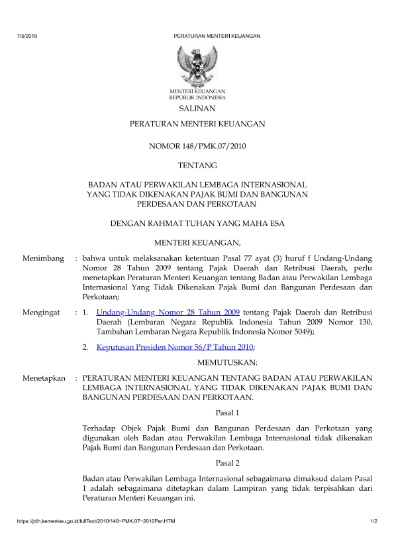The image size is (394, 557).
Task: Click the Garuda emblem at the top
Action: pyautogui.click(x=197, y=65)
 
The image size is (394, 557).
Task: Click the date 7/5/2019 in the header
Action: pyautogui.click(x=27, y=36)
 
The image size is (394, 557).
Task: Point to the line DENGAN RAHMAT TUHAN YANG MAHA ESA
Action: pyautogui.click(x=197, y=223)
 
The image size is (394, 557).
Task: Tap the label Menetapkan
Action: pyautogui.click(x=44, y=378)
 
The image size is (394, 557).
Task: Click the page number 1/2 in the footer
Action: pyautogui.click(x=373, y=523)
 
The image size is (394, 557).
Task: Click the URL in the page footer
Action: pyautogui.click(x=95, y=523)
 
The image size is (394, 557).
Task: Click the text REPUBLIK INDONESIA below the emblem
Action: pyautogui.click(x=197, y=97)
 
